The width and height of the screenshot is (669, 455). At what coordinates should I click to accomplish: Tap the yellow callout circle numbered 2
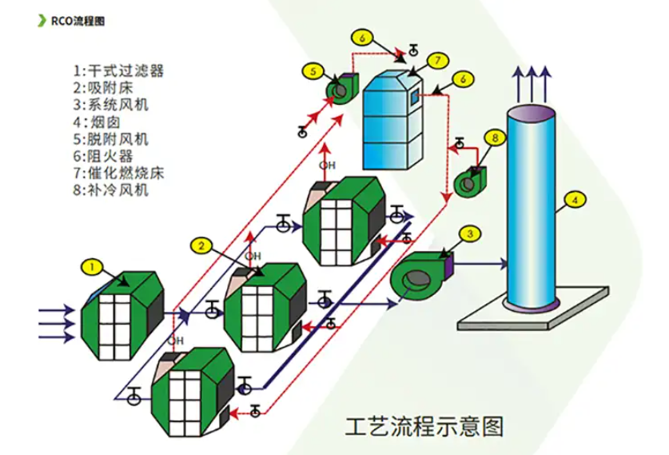[x=203, y=244]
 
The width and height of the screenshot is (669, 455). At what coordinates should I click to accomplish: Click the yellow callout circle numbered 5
[x=314, y=71]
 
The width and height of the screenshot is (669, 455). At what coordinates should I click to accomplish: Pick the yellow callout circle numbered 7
[x=437, y=61]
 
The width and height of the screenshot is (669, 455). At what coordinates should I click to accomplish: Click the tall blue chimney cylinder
[x=532, y=208]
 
